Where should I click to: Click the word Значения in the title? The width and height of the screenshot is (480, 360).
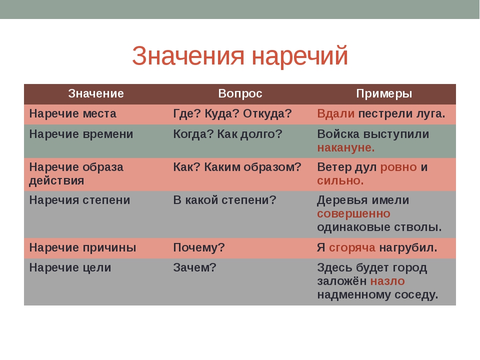(x=188, y=55)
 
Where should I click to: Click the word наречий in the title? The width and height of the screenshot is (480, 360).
(x=300, y=56)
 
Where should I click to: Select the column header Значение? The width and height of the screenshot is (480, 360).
(x=96, y=93)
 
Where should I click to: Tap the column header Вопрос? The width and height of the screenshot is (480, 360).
(x=240, y=93)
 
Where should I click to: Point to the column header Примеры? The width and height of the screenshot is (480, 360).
(x=384, y=93)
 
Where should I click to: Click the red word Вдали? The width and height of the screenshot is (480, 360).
(x=336, y=113)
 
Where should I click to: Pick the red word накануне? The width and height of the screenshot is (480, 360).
(x=346, y=147)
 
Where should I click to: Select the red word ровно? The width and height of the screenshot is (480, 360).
(x=398, y=167)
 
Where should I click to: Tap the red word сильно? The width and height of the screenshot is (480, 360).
(x=340, y=180)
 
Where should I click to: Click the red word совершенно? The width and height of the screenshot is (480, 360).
(x=353, y=213)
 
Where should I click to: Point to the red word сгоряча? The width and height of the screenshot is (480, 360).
(x=352, y=247)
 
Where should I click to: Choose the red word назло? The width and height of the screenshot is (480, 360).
(x=387, y=281)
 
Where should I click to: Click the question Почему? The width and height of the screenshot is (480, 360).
(x=199, y=247)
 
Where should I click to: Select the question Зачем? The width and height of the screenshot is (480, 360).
(x=194, y=267)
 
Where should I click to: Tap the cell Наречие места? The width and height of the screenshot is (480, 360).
(x=73, y=113)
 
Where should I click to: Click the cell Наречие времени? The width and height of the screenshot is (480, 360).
(x=81, y=134)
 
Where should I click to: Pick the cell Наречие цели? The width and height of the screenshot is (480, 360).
(x=70, y=267)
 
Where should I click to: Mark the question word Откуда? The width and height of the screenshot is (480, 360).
(x=267, y=113)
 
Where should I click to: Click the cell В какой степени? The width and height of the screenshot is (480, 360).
(x=224, y=200)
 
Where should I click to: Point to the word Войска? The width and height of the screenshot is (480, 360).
(x=338, y=134)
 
